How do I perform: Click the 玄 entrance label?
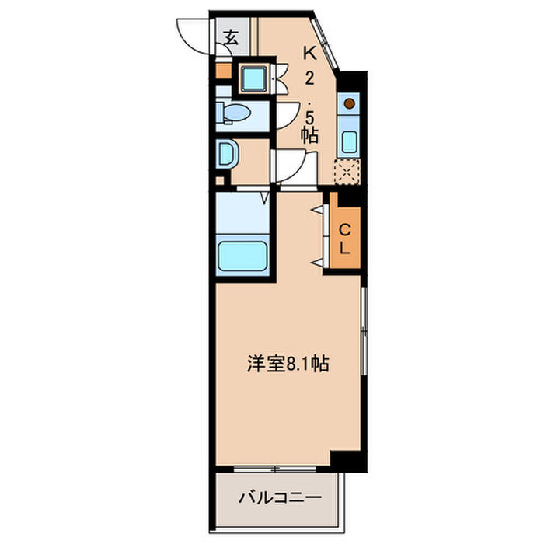pos(232,37)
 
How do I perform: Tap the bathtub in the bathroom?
pos(242,256)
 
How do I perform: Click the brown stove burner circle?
pos(350,103)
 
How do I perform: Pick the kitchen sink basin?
pos(350,141)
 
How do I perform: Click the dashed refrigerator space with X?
pos(345,171)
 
